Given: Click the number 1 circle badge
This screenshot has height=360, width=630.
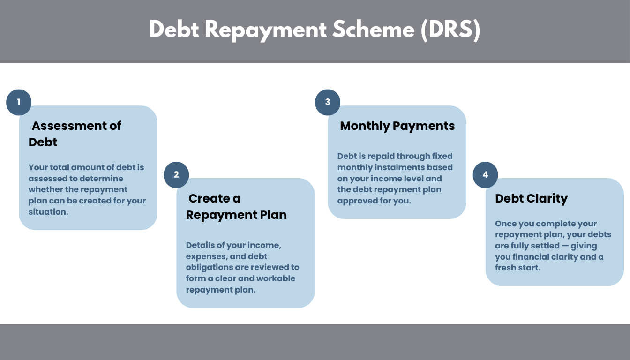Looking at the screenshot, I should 19,102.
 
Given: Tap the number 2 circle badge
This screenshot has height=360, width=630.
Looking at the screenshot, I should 176,175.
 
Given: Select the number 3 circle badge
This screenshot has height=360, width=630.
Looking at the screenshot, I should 328,102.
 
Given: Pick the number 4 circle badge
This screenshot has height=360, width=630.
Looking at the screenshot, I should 485,175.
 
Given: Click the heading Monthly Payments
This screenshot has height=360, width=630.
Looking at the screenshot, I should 397,126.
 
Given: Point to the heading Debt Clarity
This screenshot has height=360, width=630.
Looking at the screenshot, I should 531,198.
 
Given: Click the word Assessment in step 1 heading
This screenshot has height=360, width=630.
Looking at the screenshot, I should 63,126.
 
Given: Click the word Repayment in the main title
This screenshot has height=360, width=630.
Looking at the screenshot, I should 266,30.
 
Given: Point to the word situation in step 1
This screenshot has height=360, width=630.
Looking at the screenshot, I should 47,212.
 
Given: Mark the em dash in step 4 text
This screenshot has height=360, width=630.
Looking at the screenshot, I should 562,246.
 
